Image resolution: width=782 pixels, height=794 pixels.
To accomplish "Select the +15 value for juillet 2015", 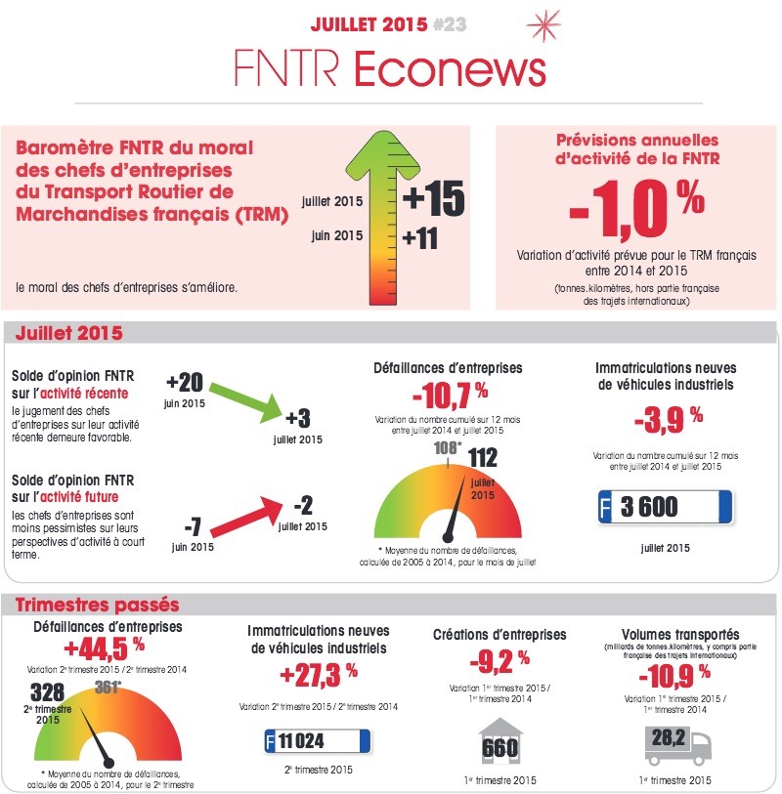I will pos(432,199).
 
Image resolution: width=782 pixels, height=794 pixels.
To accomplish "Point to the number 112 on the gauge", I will pos(483,457).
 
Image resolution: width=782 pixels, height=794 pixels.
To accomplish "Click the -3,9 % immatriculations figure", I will pos(665,420).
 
